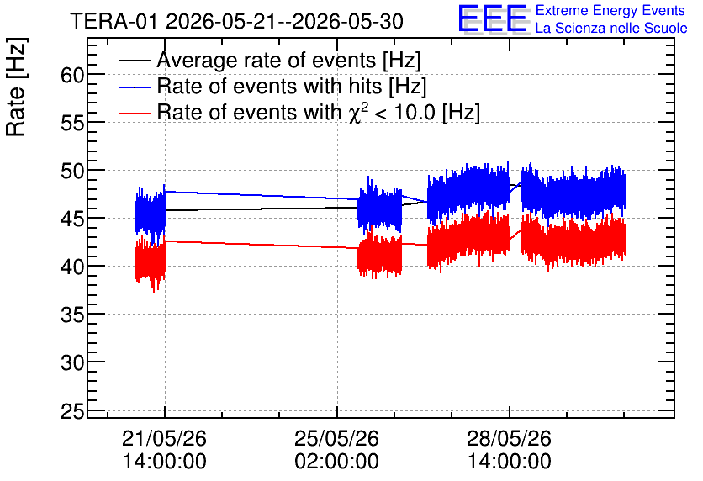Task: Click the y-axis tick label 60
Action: click(72, 75)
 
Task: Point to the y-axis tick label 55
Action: click(72, 123)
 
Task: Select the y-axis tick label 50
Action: click(72, 171)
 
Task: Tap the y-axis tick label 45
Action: click(72, 219)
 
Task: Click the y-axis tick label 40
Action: click(72, 267)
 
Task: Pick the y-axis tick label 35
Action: click(72, 314)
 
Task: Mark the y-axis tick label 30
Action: click(72, 362)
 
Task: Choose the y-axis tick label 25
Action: click(72, 410)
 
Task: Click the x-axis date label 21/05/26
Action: click(164, 438)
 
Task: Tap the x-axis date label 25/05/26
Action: click(336, 438)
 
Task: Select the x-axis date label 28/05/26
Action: click(509, 438)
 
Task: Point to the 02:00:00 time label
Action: click(336, 461)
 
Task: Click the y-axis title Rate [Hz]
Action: click(16, 87)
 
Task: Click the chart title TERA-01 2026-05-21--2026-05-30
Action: click(237, 21)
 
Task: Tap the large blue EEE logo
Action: click(493, 18)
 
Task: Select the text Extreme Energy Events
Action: click(610, 10)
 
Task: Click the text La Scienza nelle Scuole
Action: click(611, 28)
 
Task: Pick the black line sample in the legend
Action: click(135, 60)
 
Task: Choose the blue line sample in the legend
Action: click(135, 87)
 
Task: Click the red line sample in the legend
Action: click(135, 113)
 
